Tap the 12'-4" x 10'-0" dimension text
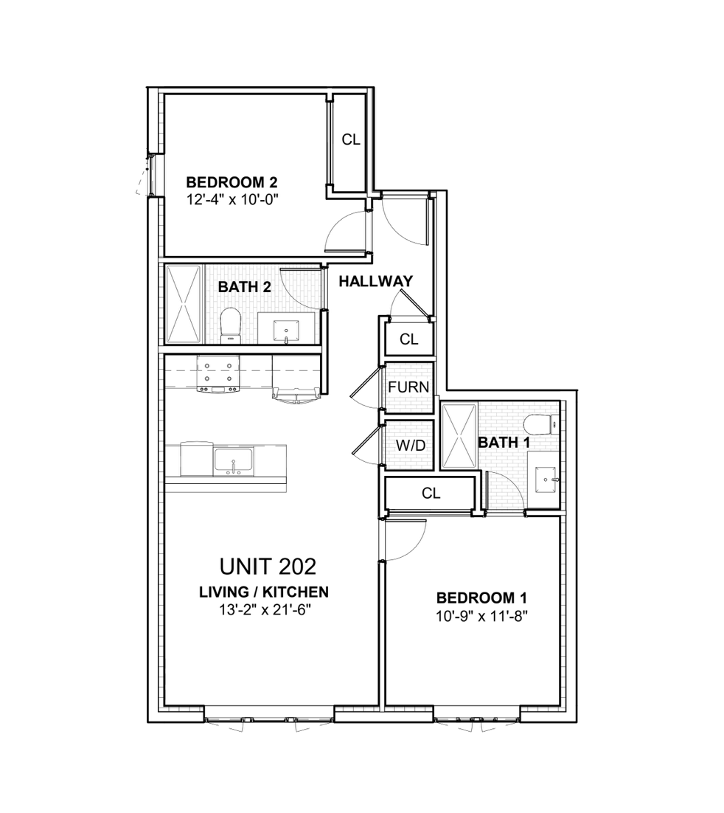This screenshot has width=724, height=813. pyautogui.click(x=235, y=199)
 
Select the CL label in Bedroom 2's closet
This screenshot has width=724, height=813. pyautogui.click(x=351, y=139)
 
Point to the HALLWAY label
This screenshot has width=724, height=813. pyautogui.click(x=375, y=281)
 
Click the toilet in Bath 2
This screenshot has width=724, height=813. pyautogui.click(x=231, y=325)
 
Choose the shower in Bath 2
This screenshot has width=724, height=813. pyautogui.click(x=182, y=304)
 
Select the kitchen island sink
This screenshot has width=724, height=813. pyautogui.click(x=233, y=461)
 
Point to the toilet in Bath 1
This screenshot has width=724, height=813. pyautogui.click(x=542, y=425)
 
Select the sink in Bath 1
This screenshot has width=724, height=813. pyautogui.click(x=546, y=480)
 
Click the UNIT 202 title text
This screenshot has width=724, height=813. pyautogui.click(x=268, y=567)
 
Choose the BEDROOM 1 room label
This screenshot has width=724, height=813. pyautogui.click(x=481, y=598)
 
